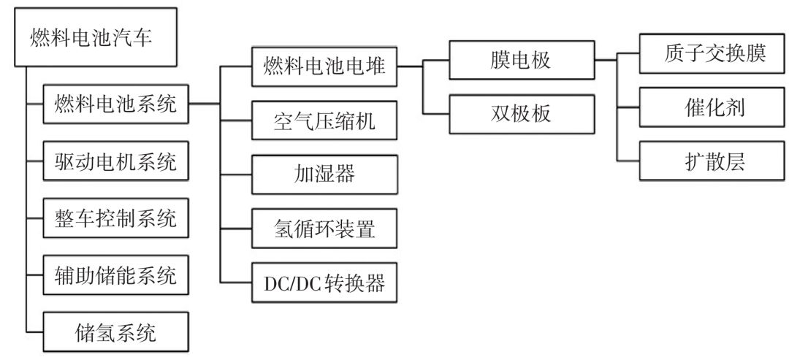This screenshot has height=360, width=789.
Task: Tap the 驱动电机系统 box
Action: (116, 161)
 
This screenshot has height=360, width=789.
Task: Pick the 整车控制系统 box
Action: (116, 218)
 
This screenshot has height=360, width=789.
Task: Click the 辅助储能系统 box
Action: (116, 275)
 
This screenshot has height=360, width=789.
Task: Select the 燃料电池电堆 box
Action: (324, 66)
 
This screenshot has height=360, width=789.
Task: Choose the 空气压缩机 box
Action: (324, 120)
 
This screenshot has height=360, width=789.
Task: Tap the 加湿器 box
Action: (324, 175)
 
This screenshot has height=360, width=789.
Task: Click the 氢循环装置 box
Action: (324, 229)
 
